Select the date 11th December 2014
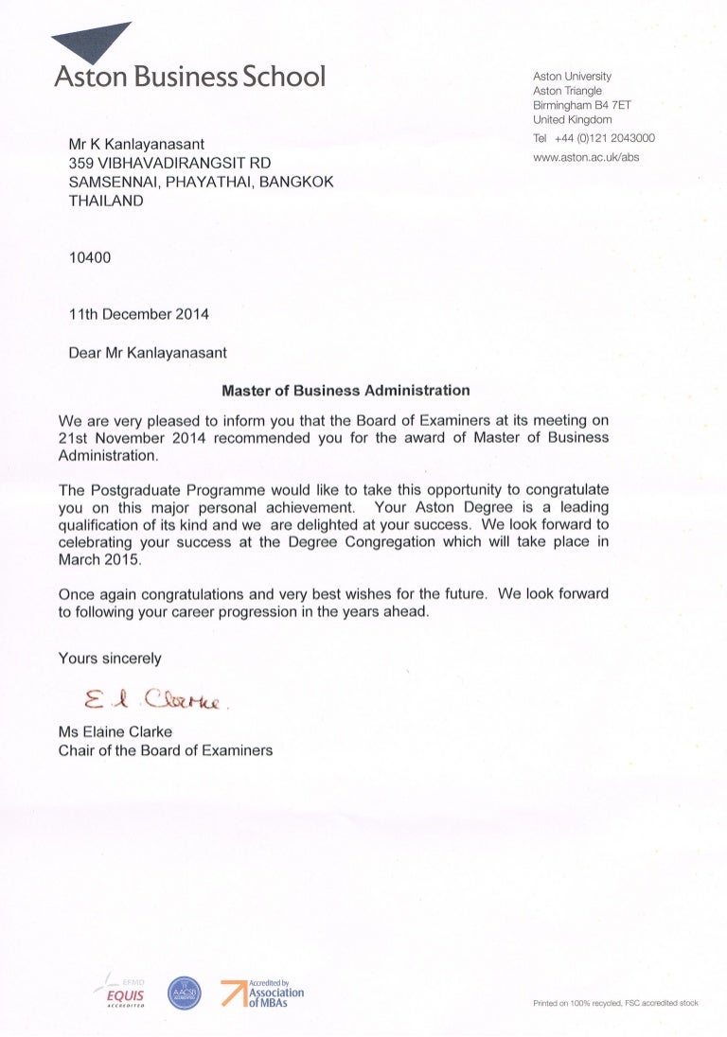pyautogui.click(x=139, y=314)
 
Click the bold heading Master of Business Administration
pyautogui.click(x=346, y=389)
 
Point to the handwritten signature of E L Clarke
pyautogui.click(x=157, y=699)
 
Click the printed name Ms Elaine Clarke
pyautogui.click(x=119, y=731)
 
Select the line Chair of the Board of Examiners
pyautogui.click(x=166, y=750)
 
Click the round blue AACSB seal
pyautogui.click(x=185, y=993)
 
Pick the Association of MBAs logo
pyautogui.click(x=263, y=993)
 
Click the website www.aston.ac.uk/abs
pyautogui.click(x=586, y=157)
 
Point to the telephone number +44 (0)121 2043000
pyautogui.click(x=605, y=138)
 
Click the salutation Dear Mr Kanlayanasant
pyautogui.click(x=148, y=353)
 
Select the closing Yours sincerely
pyautogui.click(x=110, y=658)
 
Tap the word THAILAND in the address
pyautogui.click(x=106, y=201)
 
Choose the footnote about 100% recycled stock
pyautogui.click(x=615, y=1004)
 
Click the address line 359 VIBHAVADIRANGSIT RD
pyautogui.click(x=170, y=164)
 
